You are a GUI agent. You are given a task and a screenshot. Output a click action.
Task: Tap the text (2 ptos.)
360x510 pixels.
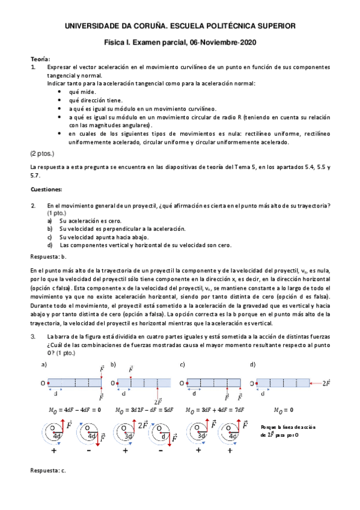tap(43, 154)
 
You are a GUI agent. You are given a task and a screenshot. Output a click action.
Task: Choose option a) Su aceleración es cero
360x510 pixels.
tap(84, 221)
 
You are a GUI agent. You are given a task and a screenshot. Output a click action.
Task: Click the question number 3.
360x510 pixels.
tap(34, 336)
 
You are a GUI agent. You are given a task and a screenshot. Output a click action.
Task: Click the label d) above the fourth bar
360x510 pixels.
tap(253, 365)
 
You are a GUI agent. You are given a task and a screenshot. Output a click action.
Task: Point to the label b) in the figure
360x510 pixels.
tap(113, 365)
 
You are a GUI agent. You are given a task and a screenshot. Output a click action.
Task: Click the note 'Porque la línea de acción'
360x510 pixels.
tap(288, 426)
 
